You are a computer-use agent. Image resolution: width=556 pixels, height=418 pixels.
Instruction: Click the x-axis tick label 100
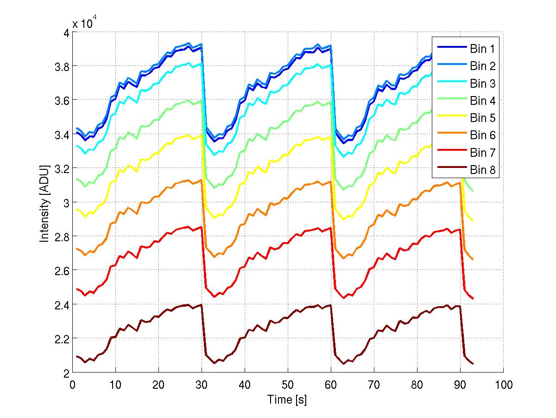click(503, 385)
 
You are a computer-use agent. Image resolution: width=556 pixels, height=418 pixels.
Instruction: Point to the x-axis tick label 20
click(158, 385)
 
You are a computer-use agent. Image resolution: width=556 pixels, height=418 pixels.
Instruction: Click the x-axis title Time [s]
click(287, 399)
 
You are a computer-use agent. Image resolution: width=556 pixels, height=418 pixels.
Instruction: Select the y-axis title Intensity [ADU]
click(44, 202)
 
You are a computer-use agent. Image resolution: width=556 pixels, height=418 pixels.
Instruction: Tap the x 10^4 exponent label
click(85, 23)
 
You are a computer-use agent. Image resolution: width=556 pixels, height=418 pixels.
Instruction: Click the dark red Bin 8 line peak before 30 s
click(202, 305)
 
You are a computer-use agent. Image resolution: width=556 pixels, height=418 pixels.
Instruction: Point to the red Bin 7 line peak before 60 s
click(331, 228)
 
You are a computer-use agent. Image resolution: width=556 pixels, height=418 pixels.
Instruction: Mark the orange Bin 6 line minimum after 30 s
click(215, 257)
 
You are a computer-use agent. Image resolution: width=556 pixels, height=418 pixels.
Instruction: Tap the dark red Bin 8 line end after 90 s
click(473, 364)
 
